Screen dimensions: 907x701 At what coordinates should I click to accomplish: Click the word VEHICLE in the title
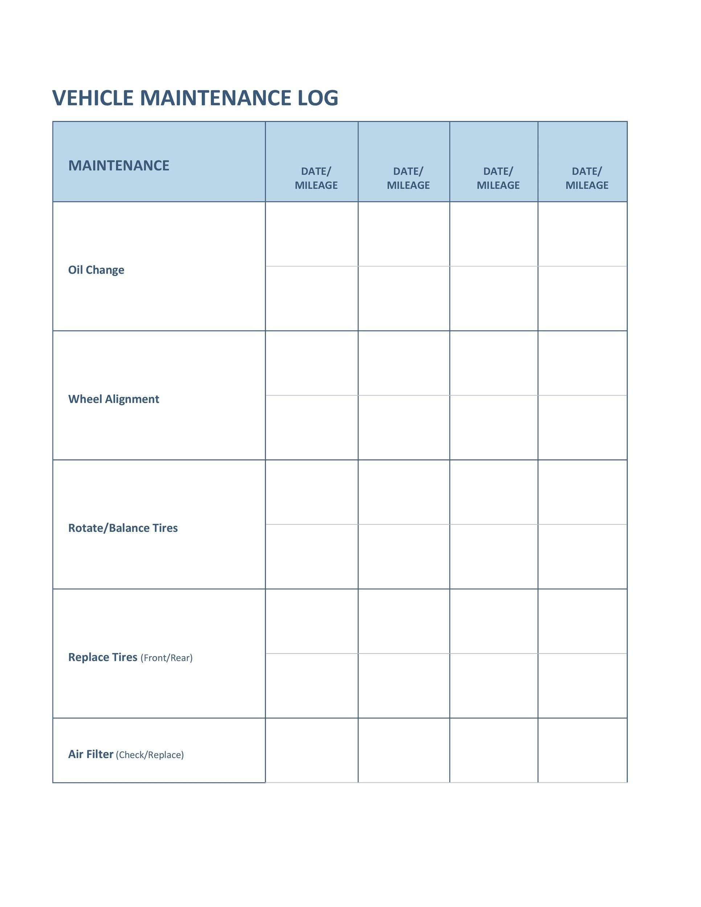click(93, 98)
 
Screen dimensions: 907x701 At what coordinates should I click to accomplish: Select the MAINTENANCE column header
click(119, 165)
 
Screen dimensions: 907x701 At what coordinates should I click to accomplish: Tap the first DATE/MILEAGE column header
click(316, 178)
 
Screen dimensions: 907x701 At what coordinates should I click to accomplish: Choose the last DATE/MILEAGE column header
click(586, 178)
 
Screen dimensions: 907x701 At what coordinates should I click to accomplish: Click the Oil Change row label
click(96, 270)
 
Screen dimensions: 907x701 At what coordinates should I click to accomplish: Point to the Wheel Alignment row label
click(113, 399)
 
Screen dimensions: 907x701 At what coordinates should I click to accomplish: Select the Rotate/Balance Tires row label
click(123, 528)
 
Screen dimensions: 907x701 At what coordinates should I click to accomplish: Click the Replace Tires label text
click(103, 657)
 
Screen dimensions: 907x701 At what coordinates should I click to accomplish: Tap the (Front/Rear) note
click(167, 658)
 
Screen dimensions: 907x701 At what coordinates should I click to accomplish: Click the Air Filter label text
click(91, 754)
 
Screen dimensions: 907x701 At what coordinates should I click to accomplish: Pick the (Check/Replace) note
click(149, 755)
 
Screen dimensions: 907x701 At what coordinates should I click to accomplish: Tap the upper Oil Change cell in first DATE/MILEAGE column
click(311, 234)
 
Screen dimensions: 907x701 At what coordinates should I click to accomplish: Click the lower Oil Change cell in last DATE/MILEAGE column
click(582, 298)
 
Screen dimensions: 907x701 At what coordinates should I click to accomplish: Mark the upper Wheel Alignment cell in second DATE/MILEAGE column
click(404, 363)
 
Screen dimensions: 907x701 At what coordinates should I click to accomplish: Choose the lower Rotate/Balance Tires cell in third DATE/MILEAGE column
click(493, 557)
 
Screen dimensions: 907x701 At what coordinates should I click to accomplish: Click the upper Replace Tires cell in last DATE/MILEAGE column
click(582, 621)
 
